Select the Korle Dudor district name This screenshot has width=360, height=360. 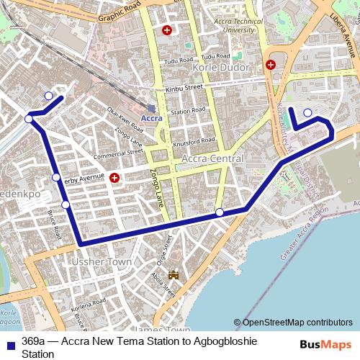tap(222, 67)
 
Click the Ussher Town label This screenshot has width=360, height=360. tap(101, 264)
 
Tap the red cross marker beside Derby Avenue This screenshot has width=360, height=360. tap(114, 178)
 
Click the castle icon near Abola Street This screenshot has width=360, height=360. tap(173, 274)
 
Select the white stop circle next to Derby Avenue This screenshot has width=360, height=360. tap(56, 178)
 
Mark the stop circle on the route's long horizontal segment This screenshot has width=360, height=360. tap(220, 212)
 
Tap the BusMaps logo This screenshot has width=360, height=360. tap(325, 345)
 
